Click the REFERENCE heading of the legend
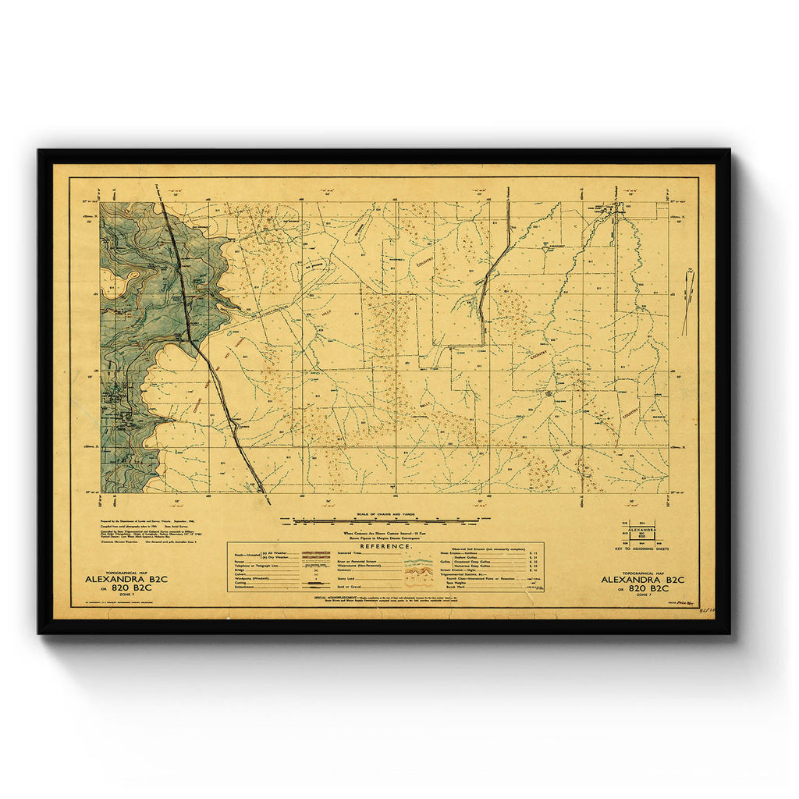385,547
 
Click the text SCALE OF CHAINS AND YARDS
385,513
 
